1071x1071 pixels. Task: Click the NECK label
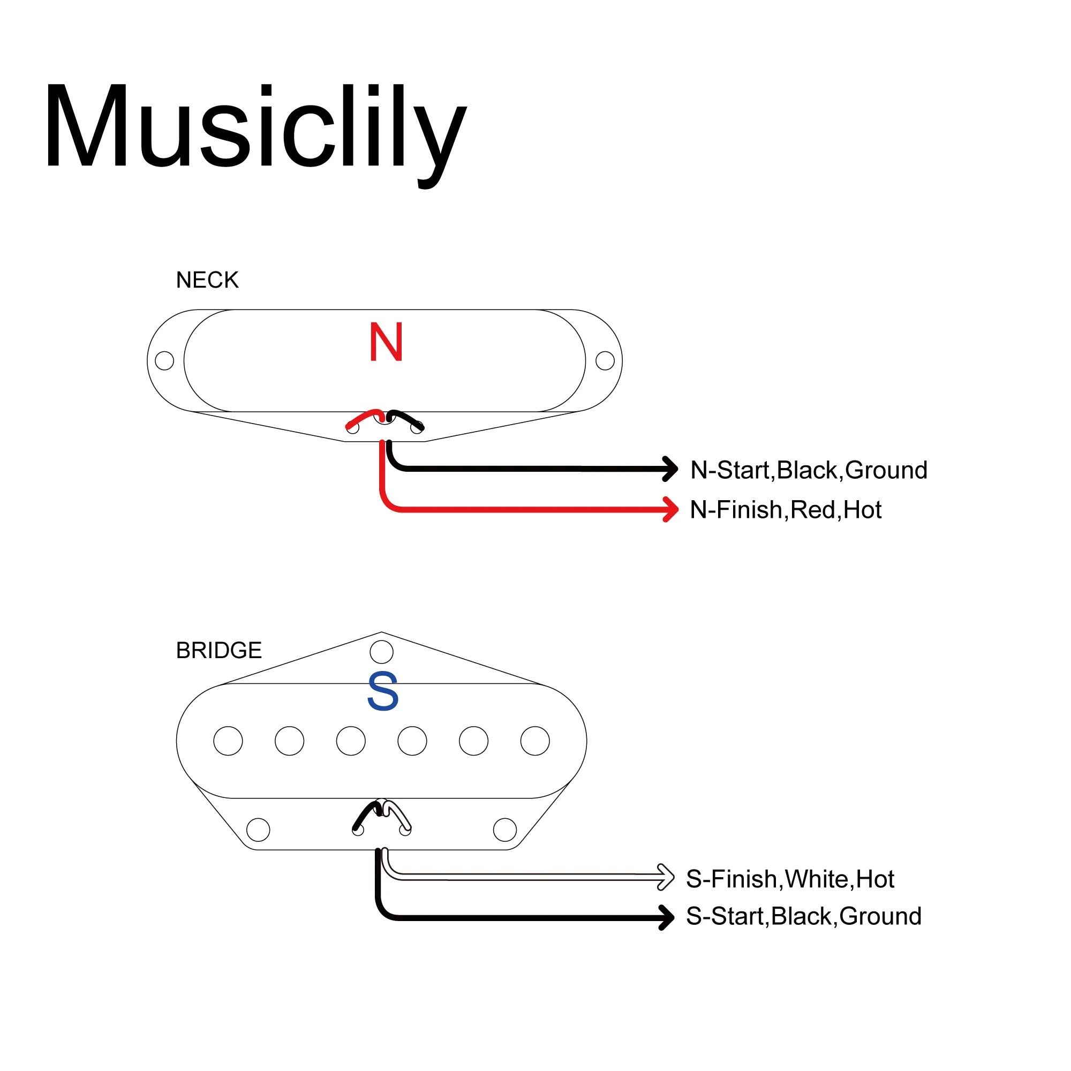coord(207,281)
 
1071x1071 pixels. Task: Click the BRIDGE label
coord(218,650)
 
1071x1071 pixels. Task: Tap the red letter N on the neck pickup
coord(386,343)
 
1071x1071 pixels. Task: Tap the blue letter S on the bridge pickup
coord(382,691)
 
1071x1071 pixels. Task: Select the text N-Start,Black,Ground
coord(808,470)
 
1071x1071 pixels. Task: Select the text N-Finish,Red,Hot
coord(785,510)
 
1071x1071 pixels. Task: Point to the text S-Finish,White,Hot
coord(789,879)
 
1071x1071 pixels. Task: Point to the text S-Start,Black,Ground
coord(803,916)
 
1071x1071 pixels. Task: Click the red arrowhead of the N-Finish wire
coord(672,509)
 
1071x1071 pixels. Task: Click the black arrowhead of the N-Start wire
coord(672,469)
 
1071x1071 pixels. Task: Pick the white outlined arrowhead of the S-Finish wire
coord(666,877)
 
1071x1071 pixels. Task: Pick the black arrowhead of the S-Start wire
coord(667,917)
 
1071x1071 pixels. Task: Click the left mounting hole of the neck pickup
coord(164,360)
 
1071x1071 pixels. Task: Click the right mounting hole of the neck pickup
coord(605,360)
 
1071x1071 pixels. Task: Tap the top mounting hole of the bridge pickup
coord(381,652)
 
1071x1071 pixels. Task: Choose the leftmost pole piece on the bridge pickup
coord(228,741)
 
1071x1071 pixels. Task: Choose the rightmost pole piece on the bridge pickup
coord(535,741)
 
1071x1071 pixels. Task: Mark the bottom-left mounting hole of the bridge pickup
coord(258,830)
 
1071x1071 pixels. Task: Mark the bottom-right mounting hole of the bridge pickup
coord(504,830)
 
